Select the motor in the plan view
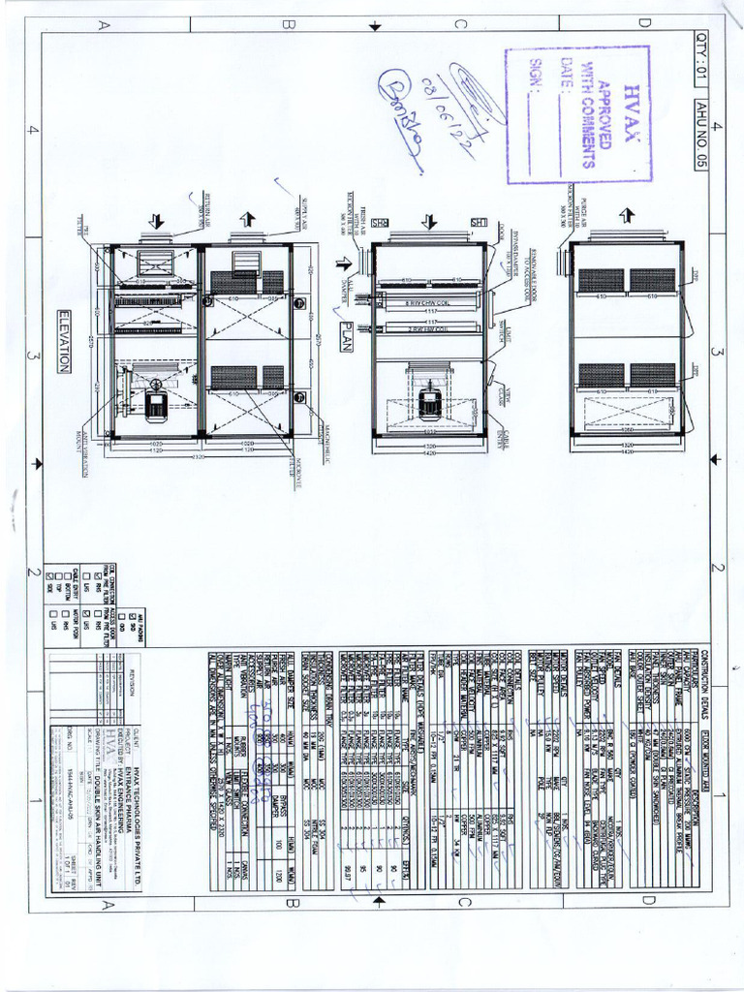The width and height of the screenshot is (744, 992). [x=429, y=402]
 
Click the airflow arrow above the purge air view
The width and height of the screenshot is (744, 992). [x=627, y=214]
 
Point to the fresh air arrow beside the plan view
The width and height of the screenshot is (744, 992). [x=343, y=263]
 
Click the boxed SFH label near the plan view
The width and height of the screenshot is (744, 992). [x=478, y=223]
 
